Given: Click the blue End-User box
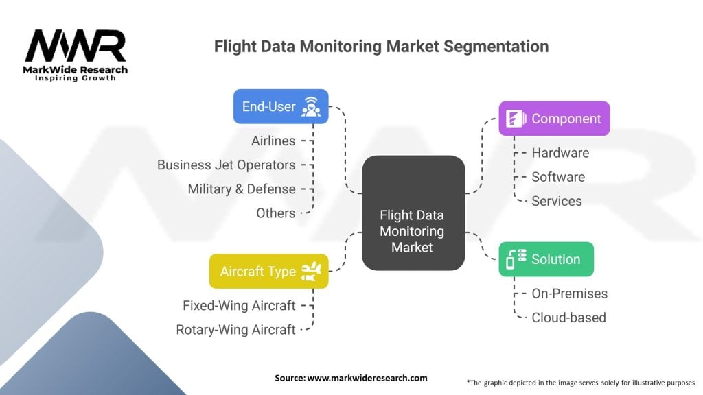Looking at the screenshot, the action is [281, 106].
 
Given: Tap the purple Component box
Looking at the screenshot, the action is [554, 119].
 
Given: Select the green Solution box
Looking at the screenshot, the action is [546, 259].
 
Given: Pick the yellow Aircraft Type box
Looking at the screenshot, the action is [269, 272].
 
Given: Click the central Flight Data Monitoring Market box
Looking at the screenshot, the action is [413, 213].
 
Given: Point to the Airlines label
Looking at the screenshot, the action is [273, 141].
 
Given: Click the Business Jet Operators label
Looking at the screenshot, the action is [226, 165].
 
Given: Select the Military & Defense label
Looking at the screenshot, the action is [242, 189].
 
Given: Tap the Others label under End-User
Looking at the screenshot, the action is [276, 213].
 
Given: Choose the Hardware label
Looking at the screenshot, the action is [560, 153].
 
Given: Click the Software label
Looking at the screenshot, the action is [558, 178].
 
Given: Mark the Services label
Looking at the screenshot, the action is [557, 202].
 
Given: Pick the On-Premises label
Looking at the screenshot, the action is [569, 294].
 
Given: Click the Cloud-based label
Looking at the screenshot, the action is [568, 318].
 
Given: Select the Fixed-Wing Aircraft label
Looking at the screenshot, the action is [239, 306].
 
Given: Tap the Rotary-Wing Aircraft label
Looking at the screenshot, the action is [236, 330].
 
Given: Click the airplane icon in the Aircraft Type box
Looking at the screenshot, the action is [311, 272].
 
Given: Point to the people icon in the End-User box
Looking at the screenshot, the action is [311, 106].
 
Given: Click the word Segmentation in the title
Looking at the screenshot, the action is [496, 47].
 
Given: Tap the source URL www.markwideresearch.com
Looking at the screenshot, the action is [367, 378].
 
